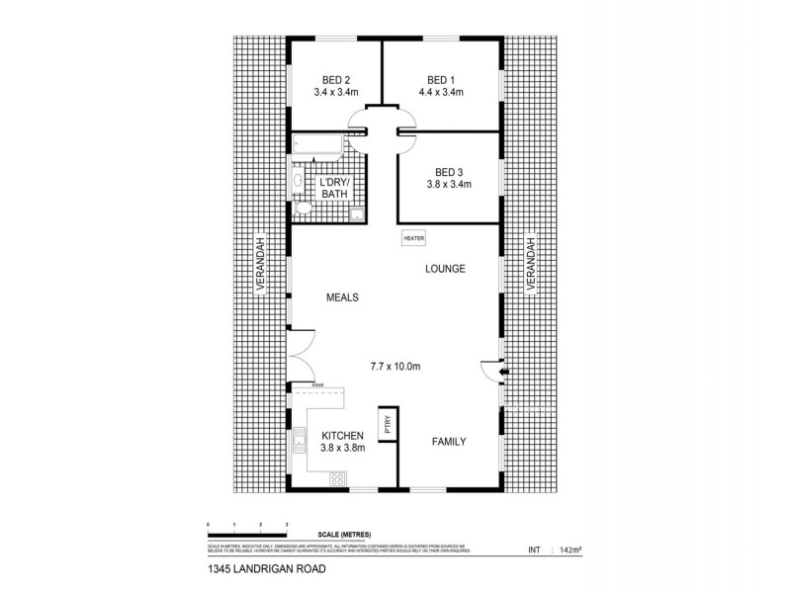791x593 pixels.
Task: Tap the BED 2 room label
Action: pos(335,79)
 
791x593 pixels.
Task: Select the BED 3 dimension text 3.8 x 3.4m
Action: pos(448,184)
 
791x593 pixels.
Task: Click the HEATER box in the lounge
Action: pos(413,238)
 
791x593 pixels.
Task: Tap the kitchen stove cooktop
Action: pos(336,479)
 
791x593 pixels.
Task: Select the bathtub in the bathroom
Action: pos(316,146)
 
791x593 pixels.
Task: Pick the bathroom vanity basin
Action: pos(297,180)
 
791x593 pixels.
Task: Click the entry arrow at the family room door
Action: pos(503,373)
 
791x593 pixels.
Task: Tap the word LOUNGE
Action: pos(445,269)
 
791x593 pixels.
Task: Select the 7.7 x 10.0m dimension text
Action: pos(396,367)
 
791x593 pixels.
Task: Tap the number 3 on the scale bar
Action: pos(286,523)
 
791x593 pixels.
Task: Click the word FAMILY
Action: pos(448,442)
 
